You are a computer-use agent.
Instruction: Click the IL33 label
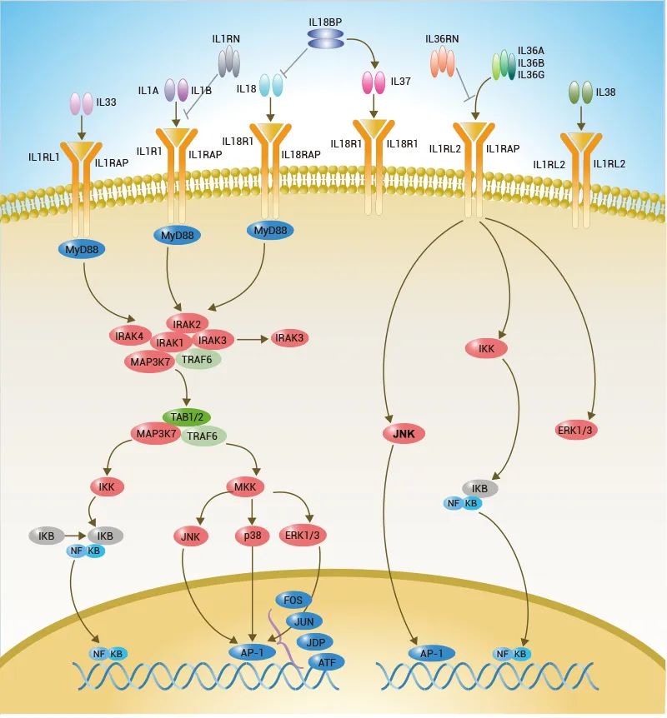[108, 102]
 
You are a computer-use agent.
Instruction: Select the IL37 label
[400, 82]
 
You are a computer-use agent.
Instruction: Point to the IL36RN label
[441, 39]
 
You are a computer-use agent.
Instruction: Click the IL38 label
[606, 92]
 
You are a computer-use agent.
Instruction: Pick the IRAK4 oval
[129, 335]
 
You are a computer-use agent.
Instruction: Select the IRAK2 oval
[188, 323]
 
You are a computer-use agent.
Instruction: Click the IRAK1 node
[170, 342]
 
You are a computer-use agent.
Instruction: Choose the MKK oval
[245, 486]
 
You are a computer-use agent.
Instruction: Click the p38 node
[252, 536]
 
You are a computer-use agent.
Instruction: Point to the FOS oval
[293, 600]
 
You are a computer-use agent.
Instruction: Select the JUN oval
[303, 621]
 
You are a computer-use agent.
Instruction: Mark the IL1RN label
[225, 39]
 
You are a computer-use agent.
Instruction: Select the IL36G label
[531, 75]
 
